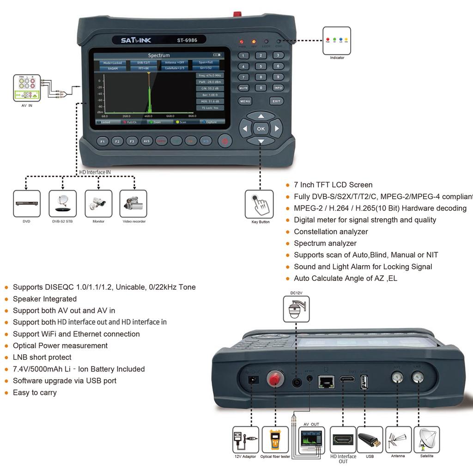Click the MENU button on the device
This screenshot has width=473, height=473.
[x=245, y=101]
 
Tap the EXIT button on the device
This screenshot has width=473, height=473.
[x=276, y=101]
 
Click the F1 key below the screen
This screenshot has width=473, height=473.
[x=103, y=141]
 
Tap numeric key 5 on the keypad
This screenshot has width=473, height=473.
[x=261, y=66]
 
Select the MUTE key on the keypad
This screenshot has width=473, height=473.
[x=243, y=88]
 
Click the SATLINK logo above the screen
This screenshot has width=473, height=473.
[x=136, y=40]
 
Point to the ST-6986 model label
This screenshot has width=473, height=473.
[x=187, y=40]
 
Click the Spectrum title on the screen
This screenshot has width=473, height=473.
[x=158, y=55]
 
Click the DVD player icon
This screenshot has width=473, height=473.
[x=26, y=204]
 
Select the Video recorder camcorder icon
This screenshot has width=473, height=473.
[x=133, y=204]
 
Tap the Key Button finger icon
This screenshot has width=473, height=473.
[x=259, y=204]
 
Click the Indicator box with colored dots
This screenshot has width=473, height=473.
[x=336, y=41]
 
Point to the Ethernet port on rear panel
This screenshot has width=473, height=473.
[x=326, y=382]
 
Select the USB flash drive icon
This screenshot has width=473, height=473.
[x=370, y=440]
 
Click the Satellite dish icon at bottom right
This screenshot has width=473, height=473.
[x=427, y=440]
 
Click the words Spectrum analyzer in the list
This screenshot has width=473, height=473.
[x=325, y=243]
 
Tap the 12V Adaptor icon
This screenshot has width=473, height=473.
[x=245, y=440]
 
